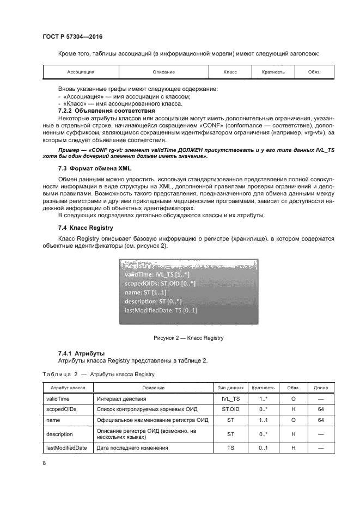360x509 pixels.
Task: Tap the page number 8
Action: pyautogui.click(x=44, y=463)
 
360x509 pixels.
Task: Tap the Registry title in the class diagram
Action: pyautogui.click(x=139, y=266)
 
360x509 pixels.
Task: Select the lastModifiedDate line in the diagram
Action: pyautogui.click(x=161, y=310)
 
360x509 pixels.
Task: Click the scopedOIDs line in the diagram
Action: pyautogui.click(x=160, y=284)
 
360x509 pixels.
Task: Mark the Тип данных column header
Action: pyautogui.click(x=230, y=388)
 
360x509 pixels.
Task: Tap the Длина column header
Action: pyautogui.click(x=321, y=388)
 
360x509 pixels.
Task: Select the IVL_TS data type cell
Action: pyautogui.click(x=230, y=398)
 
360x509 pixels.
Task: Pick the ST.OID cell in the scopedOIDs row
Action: pyautogui.click(x=230, y=409)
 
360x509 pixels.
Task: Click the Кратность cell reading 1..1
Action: pyautogui.click(x=263, y=420)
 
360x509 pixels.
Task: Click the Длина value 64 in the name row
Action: pyautogui.click(x=321, y=420)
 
